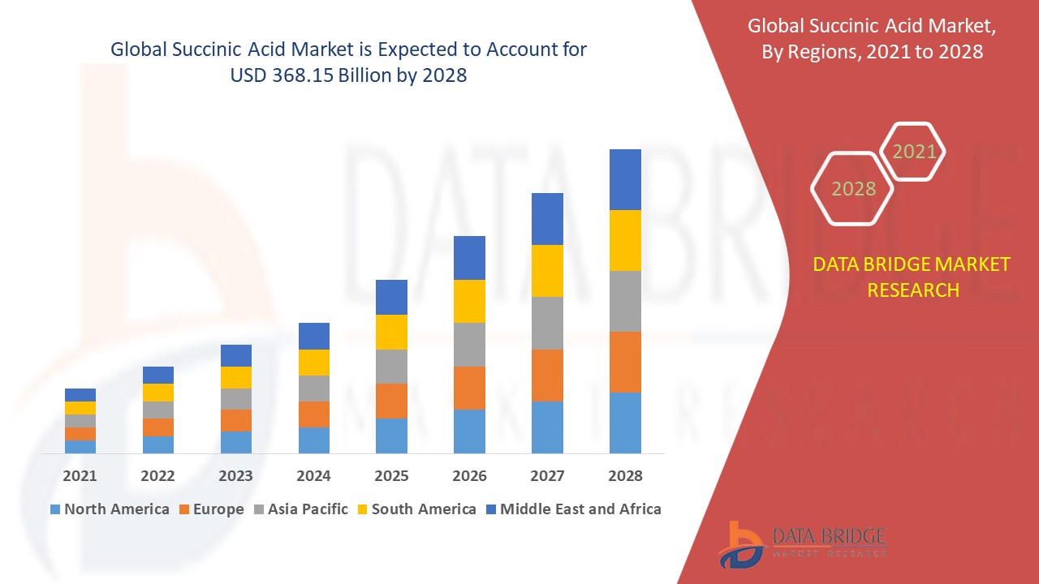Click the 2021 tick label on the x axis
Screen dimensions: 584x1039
coord(80,475)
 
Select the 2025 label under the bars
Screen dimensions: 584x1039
coord(391,475)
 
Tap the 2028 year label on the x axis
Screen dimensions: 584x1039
coord(625,475)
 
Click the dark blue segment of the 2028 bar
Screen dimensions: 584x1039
coord(625,179)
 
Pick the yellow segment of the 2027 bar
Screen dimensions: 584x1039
coord(547,271)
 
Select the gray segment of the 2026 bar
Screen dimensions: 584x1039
coord(469,345)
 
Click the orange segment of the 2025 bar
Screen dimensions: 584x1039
coord(391,401)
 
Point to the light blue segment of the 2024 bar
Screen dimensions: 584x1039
coord(313,440)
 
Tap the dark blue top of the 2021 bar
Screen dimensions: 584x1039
coord(80,395)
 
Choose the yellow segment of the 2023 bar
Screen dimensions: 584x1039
coord(235,377)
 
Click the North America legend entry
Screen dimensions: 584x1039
coord(110,509)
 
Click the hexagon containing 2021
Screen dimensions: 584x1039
coord(914,152)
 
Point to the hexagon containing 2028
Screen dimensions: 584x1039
coord(853,189)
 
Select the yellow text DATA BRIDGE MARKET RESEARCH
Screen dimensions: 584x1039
coord(912,277)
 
